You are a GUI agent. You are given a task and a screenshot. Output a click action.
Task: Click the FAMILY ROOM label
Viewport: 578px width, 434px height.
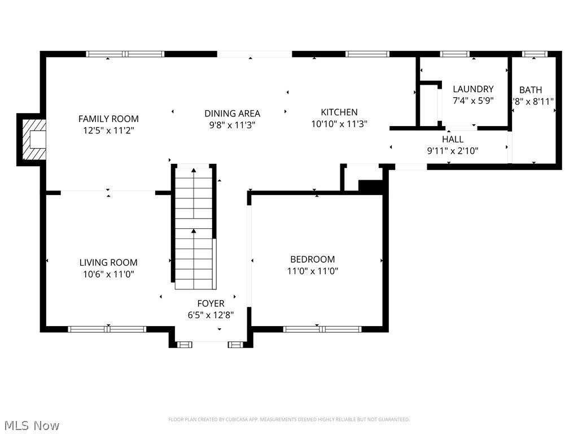point(108,119)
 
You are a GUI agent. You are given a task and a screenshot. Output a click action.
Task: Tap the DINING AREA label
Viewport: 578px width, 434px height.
point(232,114)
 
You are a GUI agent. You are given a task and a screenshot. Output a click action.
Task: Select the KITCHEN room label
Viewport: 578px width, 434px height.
point(339,112)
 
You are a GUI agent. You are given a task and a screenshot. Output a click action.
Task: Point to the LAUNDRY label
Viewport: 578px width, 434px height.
point(473,89)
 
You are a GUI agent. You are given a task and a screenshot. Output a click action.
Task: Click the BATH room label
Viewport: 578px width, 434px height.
point(531,90)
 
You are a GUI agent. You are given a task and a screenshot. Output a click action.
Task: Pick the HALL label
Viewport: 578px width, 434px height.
point(453,139)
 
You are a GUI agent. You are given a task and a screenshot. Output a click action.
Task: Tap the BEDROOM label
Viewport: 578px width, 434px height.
point(313,259)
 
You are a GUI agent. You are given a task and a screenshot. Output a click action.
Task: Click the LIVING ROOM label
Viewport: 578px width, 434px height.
point(108,262)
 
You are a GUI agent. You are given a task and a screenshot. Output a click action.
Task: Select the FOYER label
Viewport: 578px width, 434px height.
point(211,303)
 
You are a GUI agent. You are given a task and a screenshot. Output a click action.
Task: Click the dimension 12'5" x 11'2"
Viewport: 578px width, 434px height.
point(108,130)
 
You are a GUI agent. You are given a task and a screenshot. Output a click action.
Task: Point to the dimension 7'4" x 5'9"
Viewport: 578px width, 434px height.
point(473,100)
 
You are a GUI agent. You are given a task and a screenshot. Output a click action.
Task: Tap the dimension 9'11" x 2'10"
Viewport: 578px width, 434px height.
point(453,150)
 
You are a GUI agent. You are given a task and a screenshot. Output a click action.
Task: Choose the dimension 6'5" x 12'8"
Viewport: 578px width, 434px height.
point(211,315)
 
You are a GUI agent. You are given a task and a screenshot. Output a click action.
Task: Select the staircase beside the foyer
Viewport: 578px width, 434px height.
point(194,226)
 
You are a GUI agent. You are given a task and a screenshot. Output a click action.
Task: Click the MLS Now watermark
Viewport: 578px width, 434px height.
point(31,425)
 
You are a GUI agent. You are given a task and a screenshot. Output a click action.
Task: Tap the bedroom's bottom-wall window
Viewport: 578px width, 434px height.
point(322,329)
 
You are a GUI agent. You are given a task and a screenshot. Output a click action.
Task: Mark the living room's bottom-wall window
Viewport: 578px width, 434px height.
point(107,329)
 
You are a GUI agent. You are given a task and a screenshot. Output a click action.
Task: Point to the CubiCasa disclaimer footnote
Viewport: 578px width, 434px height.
point(289,419)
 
